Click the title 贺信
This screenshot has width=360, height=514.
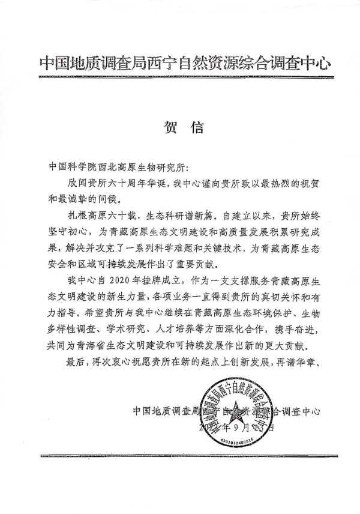(184, 127)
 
